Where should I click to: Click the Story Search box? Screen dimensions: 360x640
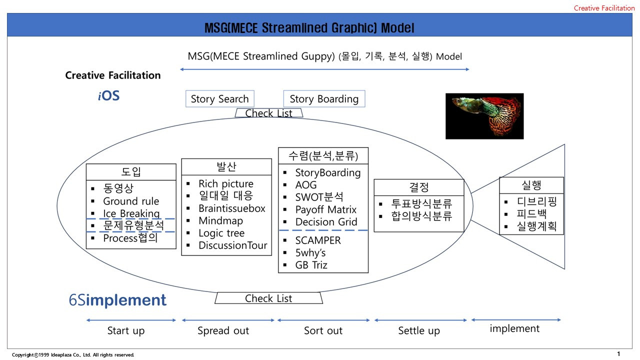[x=219, y=98]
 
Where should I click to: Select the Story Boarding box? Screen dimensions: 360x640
[x=324, y=98]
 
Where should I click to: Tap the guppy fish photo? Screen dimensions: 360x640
[x=484, y=116]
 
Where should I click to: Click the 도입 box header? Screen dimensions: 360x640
[x=131, y=171]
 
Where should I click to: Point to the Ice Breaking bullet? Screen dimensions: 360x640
[x=131, y=213]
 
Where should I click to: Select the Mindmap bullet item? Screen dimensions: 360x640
[x=220, y=220]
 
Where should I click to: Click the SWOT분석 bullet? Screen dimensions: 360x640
[x=319, y=197]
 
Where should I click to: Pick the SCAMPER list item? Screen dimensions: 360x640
[x=317, y=240]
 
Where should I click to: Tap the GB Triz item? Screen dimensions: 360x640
[x=311, y=265]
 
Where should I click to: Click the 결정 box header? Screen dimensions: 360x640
[x=419, y=187]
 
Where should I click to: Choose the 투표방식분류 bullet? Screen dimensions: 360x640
[x=421, y=203]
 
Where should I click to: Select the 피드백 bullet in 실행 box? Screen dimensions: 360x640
[x=531, y=214]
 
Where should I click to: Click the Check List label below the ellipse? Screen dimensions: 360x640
[x=268, y=298]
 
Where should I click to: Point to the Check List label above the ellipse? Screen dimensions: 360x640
[x=268, y=113]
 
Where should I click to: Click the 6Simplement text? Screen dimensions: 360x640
[x=117, y=300]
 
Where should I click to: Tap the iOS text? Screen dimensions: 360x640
[x=108, y=95]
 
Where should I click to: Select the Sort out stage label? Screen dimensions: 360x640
[x=323, y=330]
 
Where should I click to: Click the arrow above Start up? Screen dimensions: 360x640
[x=131, y=320]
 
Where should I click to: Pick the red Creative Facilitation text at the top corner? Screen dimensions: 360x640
[x=604, y=8]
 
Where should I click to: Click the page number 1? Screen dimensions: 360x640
[x=618, y=354]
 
